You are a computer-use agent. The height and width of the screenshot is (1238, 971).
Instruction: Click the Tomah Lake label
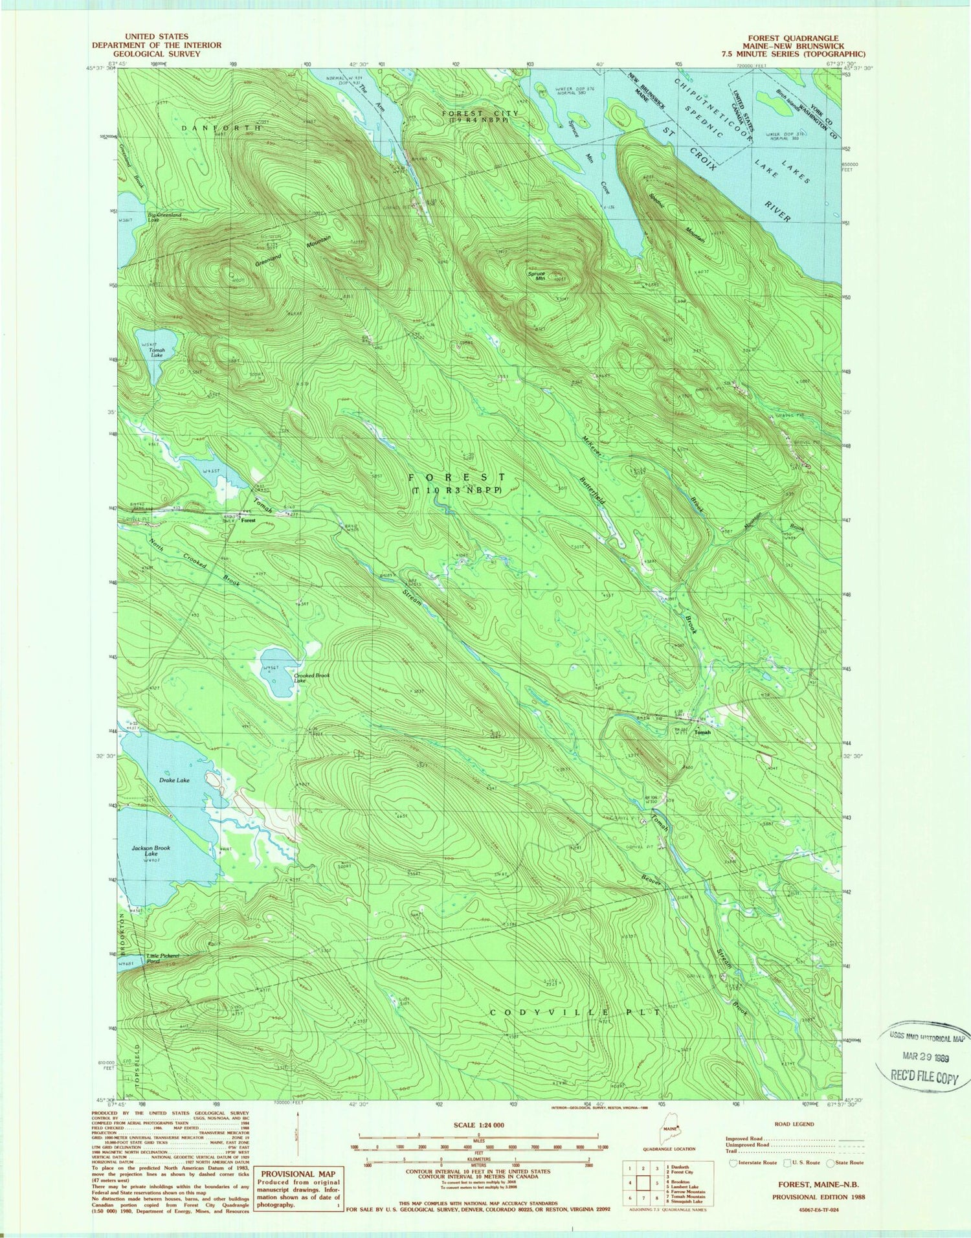click(x=158, y=353)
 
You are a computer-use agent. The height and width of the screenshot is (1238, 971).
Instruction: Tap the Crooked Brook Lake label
click(x=311, y=678)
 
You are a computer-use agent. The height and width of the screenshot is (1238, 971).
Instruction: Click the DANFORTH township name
click(x=221, y=128)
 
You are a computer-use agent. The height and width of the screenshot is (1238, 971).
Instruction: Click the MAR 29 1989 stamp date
click(x=922, y=1055)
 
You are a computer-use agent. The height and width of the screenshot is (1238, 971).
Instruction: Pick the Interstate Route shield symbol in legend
click(x=733, y=1162)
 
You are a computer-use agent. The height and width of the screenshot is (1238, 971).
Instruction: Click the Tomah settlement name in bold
click(x=702, y=732)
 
